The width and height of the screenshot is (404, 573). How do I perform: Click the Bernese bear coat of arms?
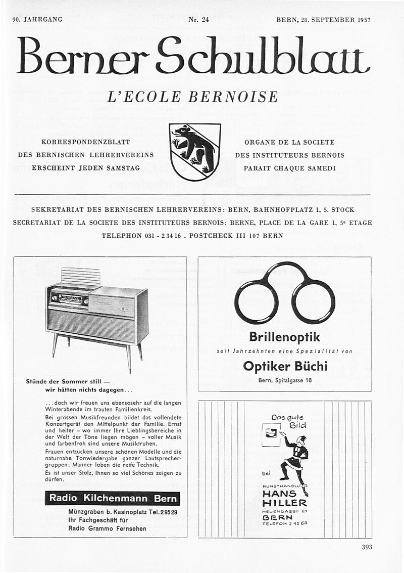point(195,151)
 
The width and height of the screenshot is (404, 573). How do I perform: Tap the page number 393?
point(367,547)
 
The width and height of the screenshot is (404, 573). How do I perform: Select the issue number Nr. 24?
point(198,20)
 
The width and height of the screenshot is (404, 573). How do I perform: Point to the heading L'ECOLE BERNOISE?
point(192,97)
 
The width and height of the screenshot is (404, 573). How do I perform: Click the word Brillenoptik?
point(284,337)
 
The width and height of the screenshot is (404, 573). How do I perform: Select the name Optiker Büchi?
point(285,366)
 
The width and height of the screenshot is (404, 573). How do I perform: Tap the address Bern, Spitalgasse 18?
point(284,380)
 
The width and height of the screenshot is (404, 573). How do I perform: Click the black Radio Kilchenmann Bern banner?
point(112,498)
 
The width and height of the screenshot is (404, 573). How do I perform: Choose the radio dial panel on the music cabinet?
point(69,298)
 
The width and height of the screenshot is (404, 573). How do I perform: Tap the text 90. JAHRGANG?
point(37,20)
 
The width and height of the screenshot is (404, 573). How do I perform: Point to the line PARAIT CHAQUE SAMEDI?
point(289,168)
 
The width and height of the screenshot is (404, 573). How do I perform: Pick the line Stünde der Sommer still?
point(68,381)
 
